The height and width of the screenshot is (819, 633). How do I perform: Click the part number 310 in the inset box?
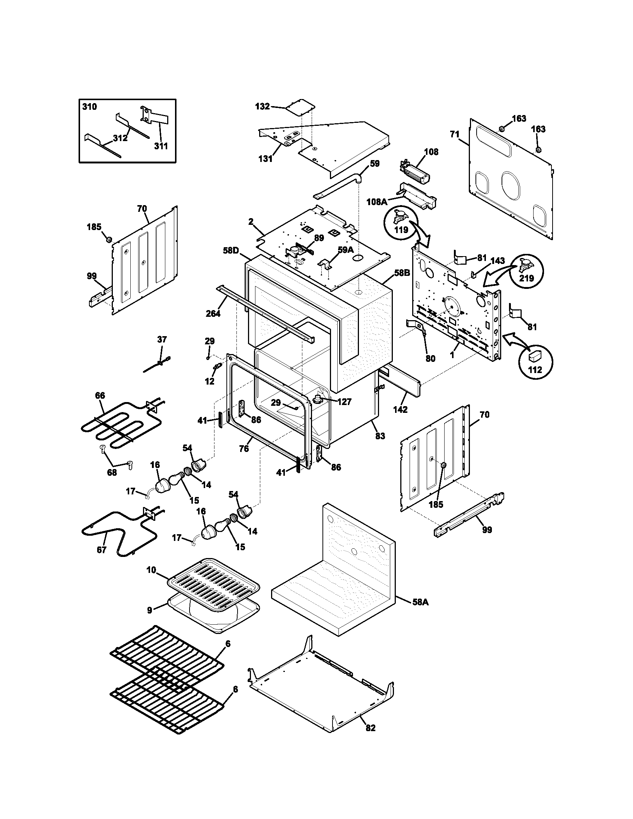(x=89, y=107)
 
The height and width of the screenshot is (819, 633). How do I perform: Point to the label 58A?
(x=420, y=602)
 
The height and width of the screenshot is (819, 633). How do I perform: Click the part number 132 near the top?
(x=262, y=106)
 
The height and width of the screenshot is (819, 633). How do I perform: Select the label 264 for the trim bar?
(x=213, y=313)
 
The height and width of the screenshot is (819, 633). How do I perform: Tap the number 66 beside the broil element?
(x=100, y=396)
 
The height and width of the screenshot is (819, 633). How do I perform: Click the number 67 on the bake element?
(x=101, y=550)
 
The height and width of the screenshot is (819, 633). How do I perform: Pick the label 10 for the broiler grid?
(x=151, y=570)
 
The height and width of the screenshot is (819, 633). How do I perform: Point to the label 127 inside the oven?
(x=344, y=402)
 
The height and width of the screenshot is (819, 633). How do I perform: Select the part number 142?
(x=400, y=410)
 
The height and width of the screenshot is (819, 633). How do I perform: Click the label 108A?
(x=376, y=202)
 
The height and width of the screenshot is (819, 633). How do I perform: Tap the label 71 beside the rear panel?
(x=455, y=134)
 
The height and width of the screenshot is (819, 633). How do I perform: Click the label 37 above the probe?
(x=162, y=340)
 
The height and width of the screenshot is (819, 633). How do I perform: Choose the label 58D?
(x=230, y=251)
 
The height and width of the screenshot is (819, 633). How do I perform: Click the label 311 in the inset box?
(x=161, y=146)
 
